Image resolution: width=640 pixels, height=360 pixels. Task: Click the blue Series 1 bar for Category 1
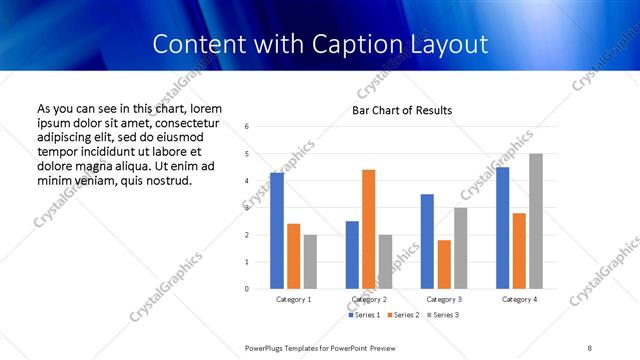[x=277, y=231]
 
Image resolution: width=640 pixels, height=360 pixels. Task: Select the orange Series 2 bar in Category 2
[x=368, y=229]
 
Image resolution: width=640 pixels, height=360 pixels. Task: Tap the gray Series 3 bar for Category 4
[x=536, y=221]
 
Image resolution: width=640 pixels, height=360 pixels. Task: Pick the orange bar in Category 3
[x=444, y=264]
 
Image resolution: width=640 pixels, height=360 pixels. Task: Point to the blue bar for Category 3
[x=427, y=241]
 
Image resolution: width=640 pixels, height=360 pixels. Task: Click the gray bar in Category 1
[x=310, y=262]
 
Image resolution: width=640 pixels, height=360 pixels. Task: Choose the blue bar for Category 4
[x=502, y=228]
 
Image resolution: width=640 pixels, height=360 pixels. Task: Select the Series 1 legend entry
[x=364, y=315]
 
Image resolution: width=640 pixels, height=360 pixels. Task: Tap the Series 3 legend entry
[x=444, y=315]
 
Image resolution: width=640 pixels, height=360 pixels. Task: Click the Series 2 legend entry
[x=404, y=315]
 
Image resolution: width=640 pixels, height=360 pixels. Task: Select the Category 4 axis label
[x=519, y=300]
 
